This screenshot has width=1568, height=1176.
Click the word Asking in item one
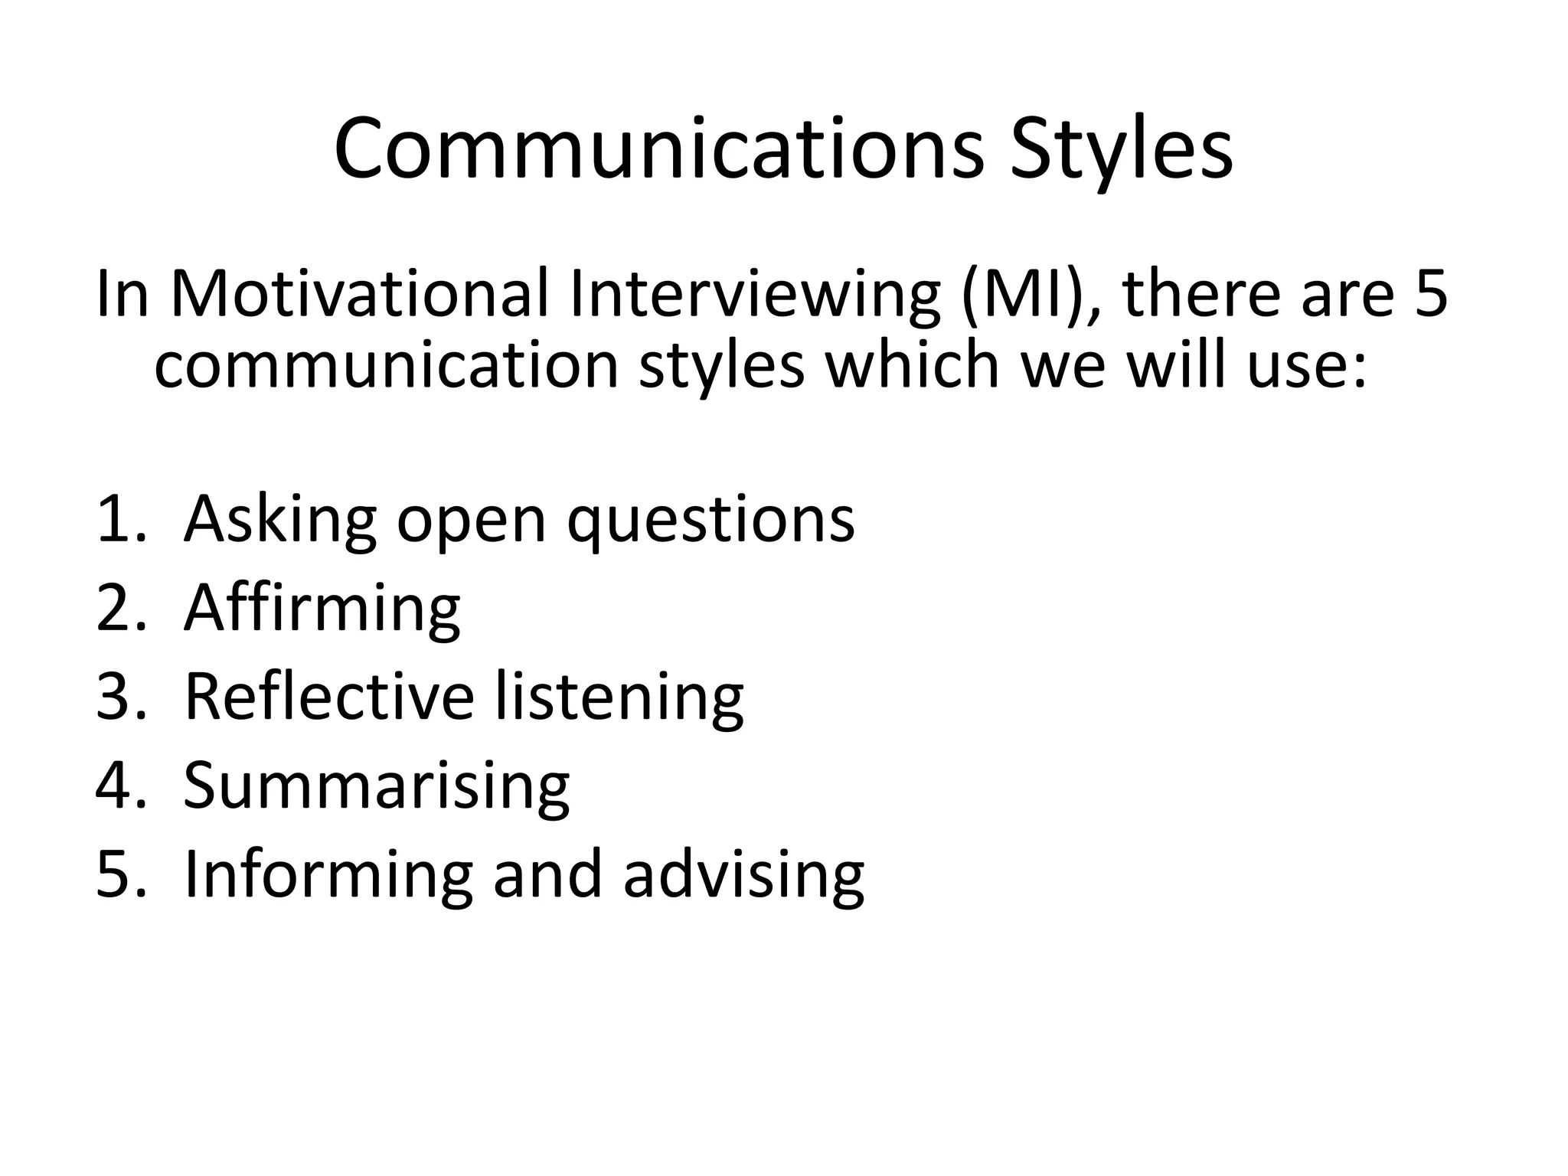click(279, 519)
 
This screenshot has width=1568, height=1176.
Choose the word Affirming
click(322, 609)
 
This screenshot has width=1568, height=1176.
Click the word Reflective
click(329, 697)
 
